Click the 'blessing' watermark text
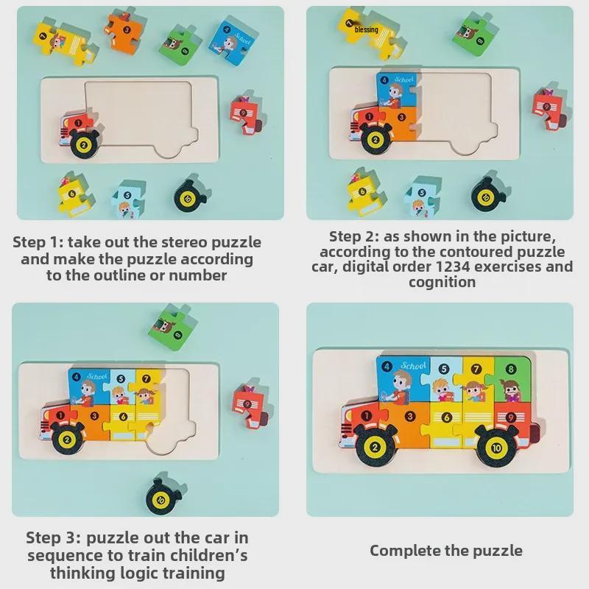[x=366, y=30]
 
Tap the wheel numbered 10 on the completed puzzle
[x=495, y=448]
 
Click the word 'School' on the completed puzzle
[x=414, y=365]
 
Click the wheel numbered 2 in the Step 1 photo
[x=84, y=144]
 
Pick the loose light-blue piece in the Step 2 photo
[x=422, y=197]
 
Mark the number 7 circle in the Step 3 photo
[x=147, y=378]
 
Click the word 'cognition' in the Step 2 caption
[x=442, y=282]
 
